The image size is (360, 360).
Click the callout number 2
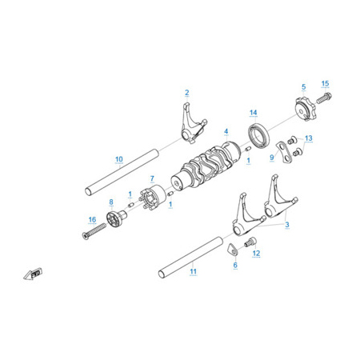(187, 93)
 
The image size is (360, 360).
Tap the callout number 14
(254, 113)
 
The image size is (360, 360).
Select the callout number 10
(119, 159)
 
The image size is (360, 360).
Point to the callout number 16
(92, 219)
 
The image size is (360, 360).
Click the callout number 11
(193, 271)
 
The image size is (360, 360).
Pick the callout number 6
(235, 265)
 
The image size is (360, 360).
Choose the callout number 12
(256, 253)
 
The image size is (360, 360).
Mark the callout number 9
(272, 158)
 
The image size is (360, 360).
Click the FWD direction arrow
(33, 274)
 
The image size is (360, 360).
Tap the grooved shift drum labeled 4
(206, 166)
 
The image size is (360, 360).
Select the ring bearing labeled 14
(259, 135)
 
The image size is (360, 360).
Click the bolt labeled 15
(324, 98)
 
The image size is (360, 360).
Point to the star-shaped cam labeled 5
(305, 109)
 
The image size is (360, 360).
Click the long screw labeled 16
(94, 230)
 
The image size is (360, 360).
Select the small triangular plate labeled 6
(233, 250)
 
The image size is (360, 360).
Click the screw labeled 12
(250, 242)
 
